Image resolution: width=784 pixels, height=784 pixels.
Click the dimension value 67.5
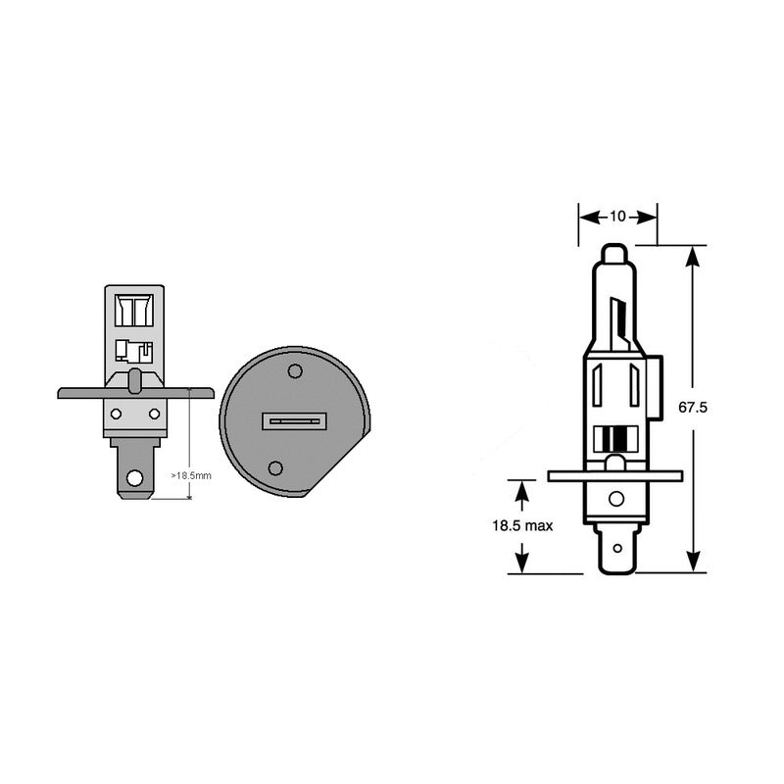pos(693,407)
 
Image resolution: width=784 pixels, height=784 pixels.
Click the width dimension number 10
pos(617,217)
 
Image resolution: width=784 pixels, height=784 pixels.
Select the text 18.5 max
pos(522,526)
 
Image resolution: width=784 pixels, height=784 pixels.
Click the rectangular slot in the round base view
pos(293,421)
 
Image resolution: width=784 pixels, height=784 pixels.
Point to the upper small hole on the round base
pos(295,370)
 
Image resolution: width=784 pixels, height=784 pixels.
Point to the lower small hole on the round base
pos(275,468)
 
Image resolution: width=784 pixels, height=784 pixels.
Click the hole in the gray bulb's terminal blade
pos(134,479)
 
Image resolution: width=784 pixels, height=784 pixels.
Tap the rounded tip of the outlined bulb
pos(613,252)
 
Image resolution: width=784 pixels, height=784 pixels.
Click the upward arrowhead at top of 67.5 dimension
pos(693,256)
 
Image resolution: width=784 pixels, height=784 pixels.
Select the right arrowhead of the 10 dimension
pos(648,217)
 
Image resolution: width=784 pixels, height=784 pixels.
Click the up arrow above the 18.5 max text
pos(522,490)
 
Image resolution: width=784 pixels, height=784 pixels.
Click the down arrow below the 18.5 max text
pos(522,563)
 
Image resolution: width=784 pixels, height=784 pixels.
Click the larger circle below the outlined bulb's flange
pos(615,499)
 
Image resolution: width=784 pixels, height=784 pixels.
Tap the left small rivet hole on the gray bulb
pos(116,414)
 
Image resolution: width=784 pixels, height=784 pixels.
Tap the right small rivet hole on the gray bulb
pos(154,414)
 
